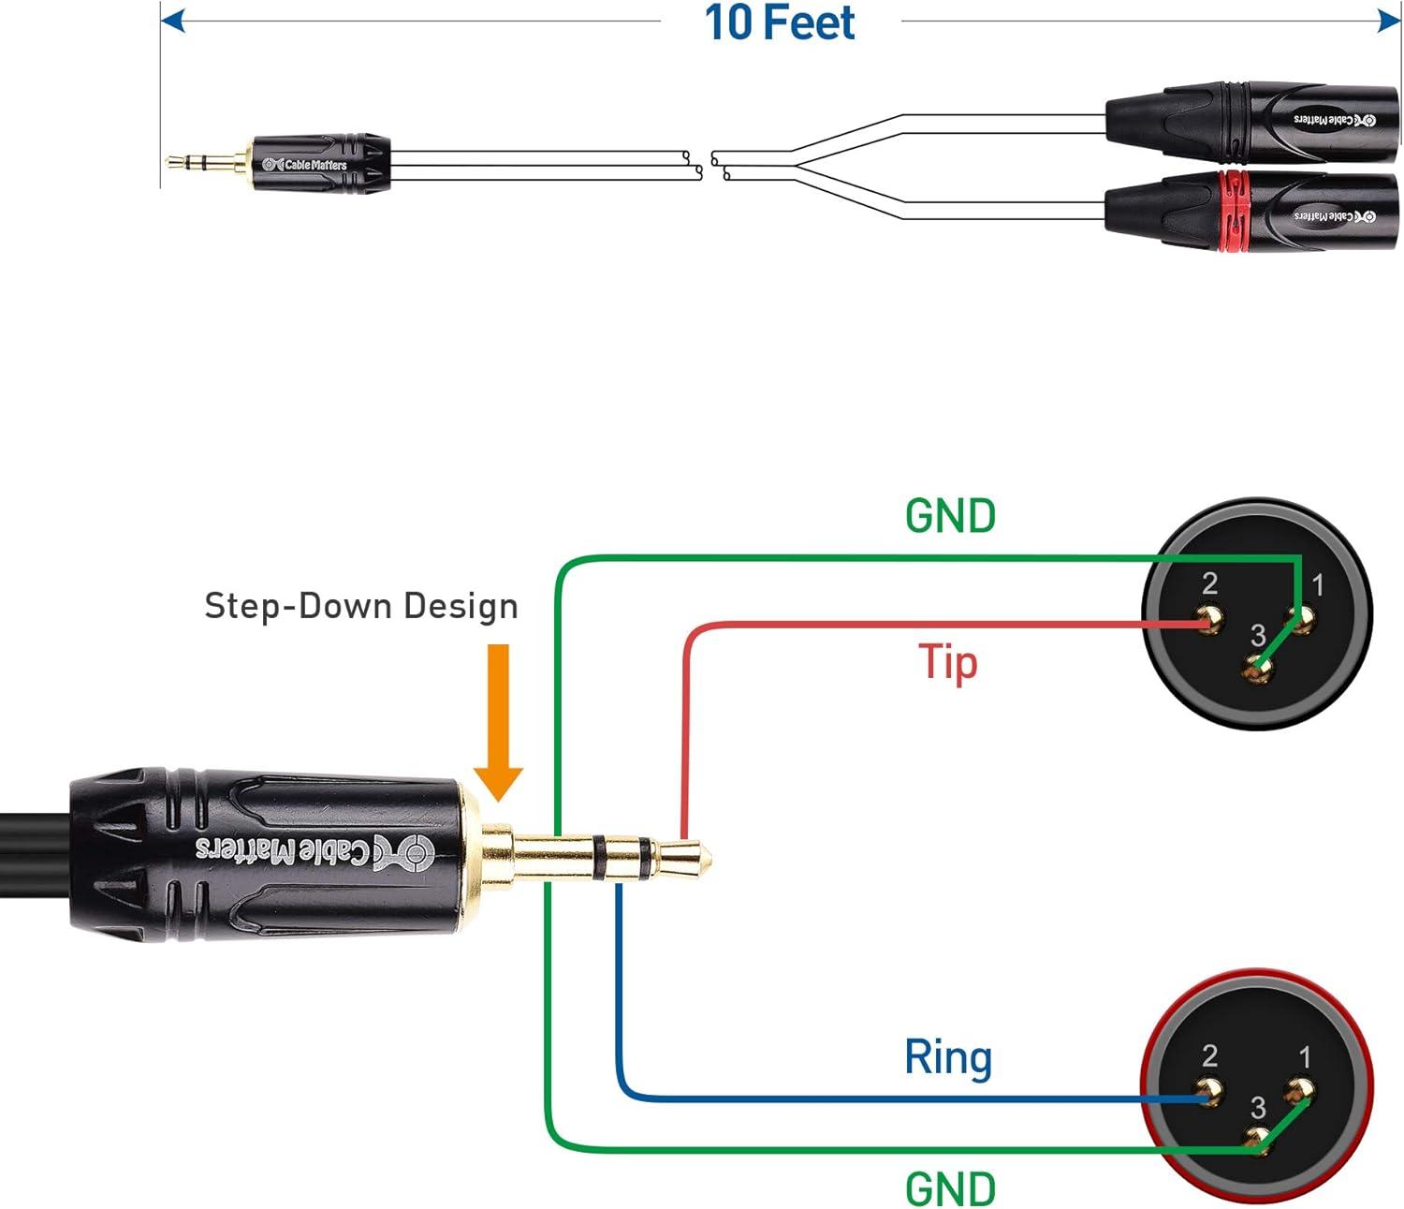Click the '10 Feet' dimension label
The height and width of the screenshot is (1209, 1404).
[779, 22]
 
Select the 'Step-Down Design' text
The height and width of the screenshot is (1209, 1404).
[361, 606]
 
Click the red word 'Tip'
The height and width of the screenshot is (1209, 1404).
[947, 662]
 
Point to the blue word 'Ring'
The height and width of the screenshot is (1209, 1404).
[947, 1057]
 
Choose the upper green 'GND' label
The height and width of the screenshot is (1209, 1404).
[950, 516]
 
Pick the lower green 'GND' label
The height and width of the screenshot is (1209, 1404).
[950, 1188]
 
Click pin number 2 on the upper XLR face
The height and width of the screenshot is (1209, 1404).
[1209, 583]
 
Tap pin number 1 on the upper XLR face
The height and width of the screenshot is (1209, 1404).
[1318, 585]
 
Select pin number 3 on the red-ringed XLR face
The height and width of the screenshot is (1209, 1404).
[1258, 1108]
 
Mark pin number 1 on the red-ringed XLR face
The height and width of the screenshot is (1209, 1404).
[1305, 1057]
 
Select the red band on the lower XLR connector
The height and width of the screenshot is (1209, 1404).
[1234, 212]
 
